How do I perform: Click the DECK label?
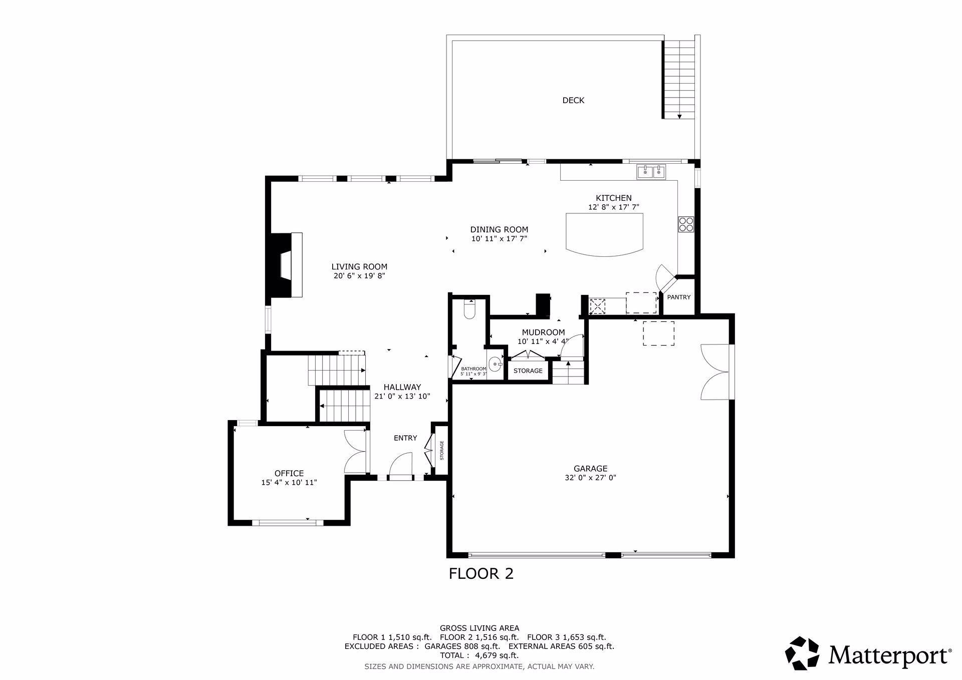coord(573,100)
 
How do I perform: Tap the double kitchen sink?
coord(651,172)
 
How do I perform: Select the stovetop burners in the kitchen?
coord(686,224)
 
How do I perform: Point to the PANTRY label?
coord(679,297)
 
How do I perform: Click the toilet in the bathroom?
coord(469,309)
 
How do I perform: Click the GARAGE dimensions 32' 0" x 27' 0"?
coord(590,478)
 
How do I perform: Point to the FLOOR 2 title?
coord(481,573)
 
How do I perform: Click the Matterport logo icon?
coord(802,653)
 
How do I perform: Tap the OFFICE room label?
coord(289,473)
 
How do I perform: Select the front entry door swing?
coord(401,465)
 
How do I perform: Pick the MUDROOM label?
coord(543,332)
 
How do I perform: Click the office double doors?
coord(356,451)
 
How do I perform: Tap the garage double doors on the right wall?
coord(715,372)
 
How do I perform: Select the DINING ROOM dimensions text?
coord(499,239)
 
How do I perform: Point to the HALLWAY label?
coord(402,387)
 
